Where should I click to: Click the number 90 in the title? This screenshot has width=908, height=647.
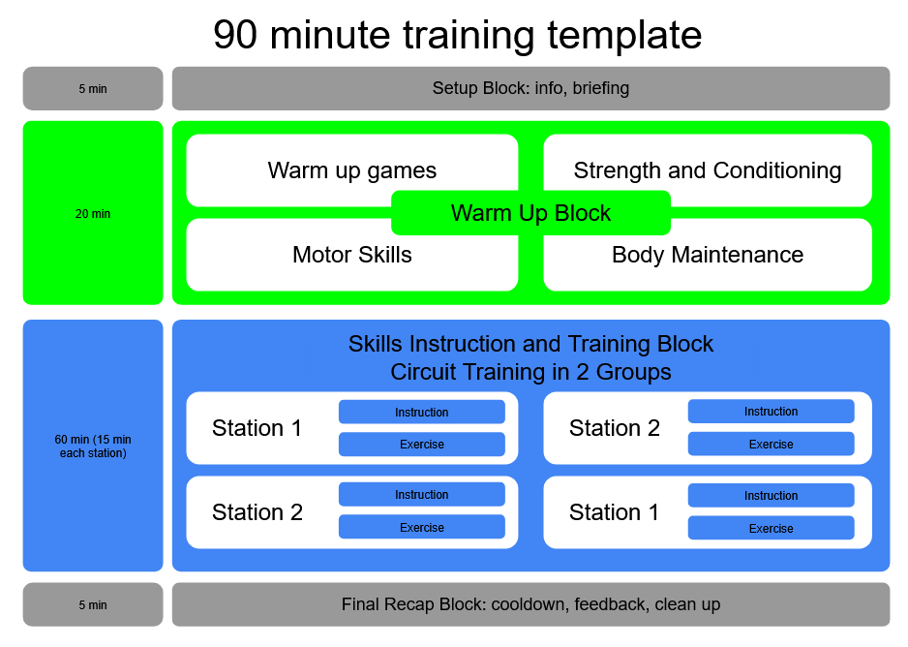tap(235, 35)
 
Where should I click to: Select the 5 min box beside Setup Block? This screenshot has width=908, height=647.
tap(93, 88)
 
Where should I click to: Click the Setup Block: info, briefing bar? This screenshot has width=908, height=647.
tap(531, 88)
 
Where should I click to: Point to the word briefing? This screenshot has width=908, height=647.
tap(601, 88)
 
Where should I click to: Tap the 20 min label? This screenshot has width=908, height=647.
tap(93, 214)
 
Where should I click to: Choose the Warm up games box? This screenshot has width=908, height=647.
tap(352, 170)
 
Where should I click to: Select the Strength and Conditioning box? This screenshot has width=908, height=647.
tap(708, 170)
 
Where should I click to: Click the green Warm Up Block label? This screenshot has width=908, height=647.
tap(531, 212)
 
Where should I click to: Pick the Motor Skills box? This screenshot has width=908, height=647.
tap(352, 255)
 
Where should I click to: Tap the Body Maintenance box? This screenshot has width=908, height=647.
tap(708, 255)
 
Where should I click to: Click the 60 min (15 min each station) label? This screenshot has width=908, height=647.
tap(93, 446)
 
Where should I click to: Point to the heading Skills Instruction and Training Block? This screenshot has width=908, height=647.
tap(531, 344)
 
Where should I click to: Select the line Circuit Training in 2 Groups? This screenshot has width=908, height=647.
tap(531, 372)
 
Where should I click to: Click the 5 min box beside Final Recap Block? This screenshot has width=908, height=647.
tap(93, 604)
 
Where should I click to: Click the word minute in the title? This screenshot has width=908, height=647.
tap(330, 35)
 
